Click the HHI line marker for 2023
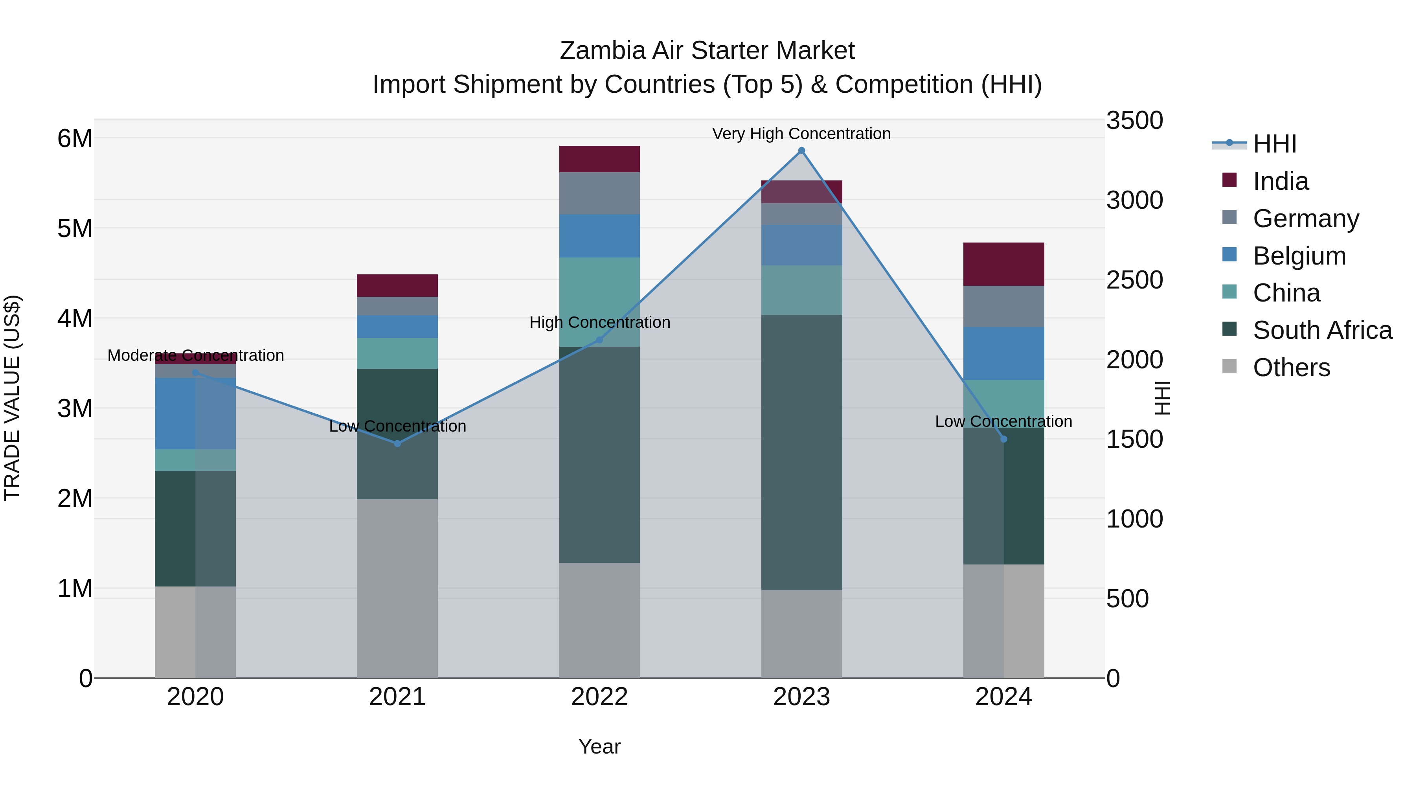[801, 151]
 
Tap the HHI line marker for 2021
[398, 443]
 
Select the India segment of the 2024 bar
[1003, 264]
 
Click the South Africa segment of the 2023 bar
[801, 452]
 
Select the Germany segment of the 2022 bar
[599, 193]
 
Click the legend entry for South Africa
[1322, 330]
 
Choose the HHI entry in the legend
[1274, 144]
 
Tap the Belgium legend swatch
[1229, 255]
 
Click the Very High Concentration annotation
[801, 134]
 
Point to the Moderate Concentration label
[196, 355]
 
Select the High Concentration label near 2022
[600, 322]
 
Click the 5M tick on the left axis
[75, 228]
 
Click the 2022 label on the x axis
[599, 697]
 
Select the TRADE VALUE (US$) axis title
[12, 398]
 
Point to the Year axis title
[599, 746]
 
